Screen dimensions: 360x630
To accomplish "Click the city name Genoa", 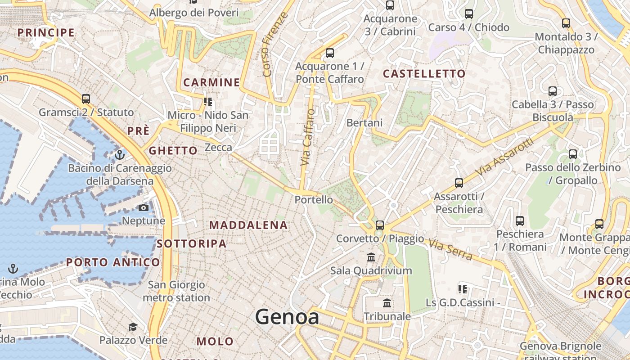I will tap(287, 317).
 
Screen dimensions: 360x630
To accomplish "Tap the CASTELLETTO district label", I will tap(424, 74).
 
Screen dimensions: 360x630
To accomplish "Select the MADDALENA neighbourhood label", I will tap(248, 225).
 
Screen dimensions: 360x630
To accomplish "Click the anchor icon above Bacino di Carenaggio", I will tap(120, 155).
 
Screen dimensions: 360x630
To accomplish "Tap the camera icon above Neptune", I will tap(144, 207).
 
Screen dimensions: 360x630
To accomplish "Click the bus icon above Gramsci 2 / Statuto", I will tap(86, 99).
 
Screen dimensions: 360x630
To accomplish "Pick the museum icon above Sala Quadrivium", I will tap(371, 257).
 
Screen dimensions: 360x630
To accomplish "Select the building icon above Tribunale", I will tap(387, 303).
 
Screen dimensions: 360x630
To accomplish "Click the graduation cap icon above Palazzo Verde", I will tap(133, 327).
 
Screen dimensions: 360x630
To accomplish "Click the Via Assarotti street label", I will tap(504, 157).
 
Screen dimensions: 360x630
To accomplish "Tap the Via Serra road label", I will tap(450, 250).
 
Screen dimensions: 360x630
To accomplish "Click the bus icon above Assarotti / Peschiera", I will tap(459, 183).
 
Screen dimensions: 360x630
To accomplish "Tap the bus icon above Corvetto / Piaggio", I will tap(380, 225).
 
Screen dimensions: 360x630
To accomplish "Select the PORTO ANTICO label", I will tap(113, 262).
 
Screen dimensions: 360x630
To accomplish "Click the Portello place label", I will tap(314, 199).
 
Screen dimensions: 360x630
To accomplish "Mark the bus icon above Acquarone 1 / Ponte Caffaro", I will tap(330, 53).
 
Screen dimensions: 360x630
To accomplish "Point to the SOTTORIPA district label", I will tap(192, 244).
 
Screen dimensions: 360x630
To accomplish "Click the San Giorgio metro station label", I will tap(176, 291).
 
